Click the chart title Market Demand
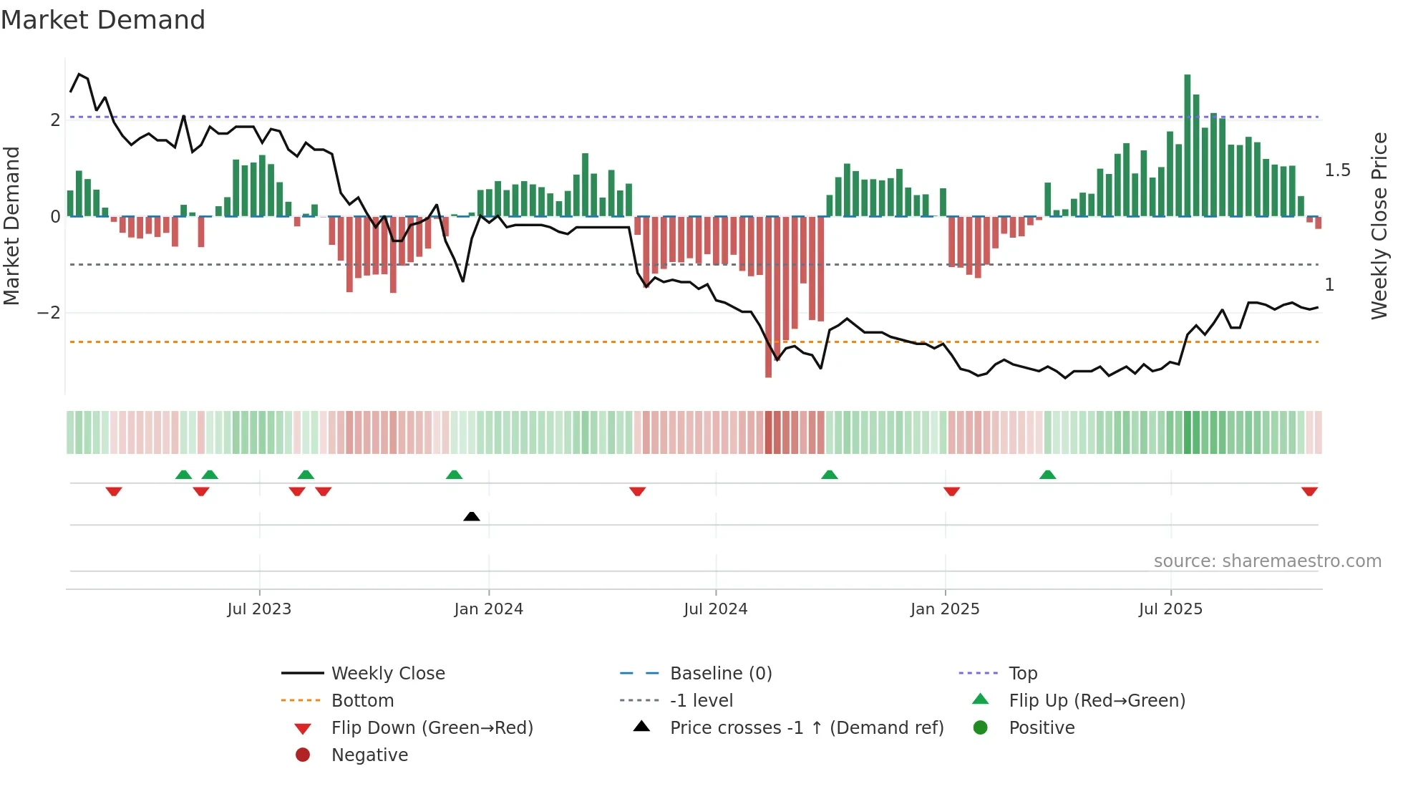tap(103, 20)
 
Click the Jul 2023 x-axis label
tap(259, 609)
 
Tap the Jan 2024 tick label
tap(488, 609)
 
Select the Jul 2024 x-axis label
tap(715, 609)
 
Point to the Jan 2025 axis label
tap(945, 609)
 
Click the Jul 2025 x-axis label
tap(1170, 609)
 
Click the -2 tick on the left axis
tap(49, 313)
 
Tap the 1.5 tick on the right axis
tap(1337, 170)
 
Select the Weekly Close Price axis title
tap(1379, 226)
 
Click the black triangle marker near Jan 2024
tap(472, 516)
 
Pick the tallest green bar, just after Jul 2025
tap(1187, 143)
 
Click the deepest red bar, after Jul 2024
tap(768, 301)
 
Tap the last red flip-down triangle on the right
tap(1309, 492)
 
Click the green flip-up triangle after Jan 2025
tap(1047, 475)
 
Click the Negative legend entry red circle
tap(303, 755)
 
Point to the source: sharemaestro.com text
tap(1267, 561)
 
